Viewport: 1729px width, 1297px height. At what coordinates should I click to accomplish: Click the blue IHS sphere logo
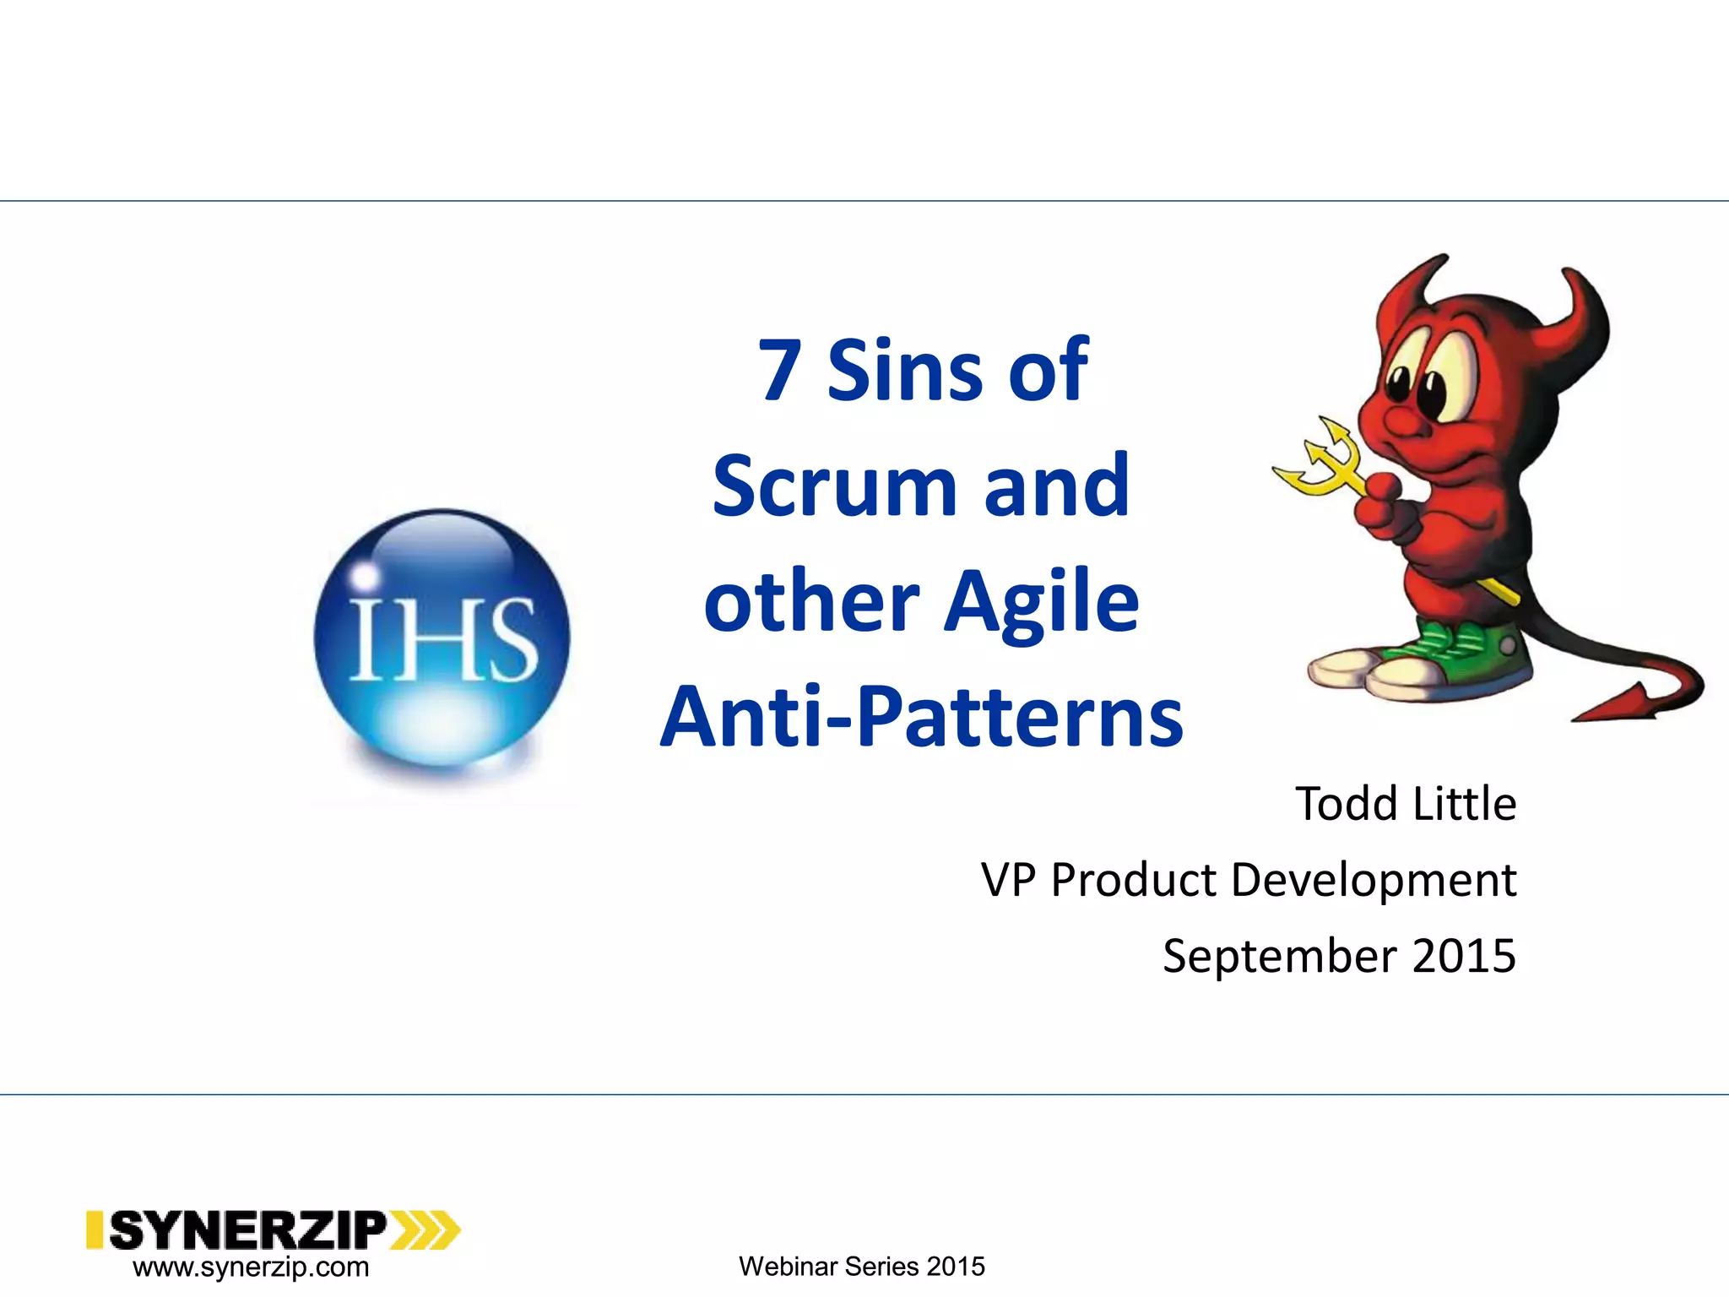click(x=442, y=638)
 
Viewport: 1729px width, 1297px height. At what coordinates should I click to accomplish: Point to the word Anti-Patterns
click(x=922, y=718)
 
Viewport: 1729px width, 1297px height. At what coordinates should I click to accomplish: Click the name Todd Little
click(x=1406, y=803)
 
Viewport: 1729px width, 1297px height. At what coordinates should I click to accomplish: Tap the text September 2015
click(x=1339, y=956)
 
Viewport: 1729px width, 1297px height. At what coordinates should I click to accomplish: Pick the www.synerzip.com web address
click(x=251, y=1267)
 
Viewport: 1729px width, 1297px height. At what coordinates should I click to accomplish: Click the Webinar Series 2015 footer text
click(x=861, y=1267)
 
